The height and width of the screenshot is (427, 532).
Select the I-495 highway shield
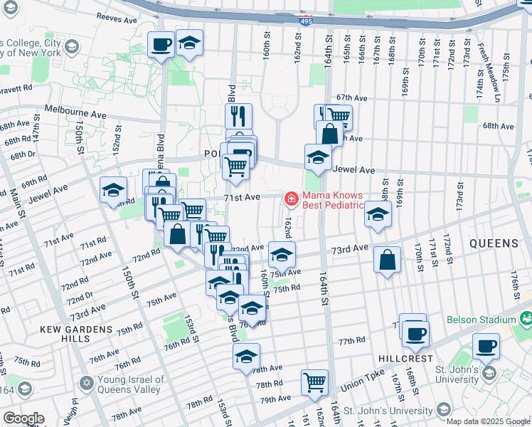[304, 21]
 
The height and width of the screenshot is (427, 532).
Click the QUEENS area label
[494, 243]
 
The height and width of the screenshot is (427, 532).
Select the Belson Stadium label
[482, 320]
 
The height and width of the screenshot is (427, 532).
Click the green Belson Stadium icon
[526, 317]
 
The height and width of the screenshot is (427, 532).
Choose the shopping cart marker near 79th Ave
[314, 382]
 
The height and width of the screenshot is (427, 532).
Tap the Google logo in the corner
[23, 418]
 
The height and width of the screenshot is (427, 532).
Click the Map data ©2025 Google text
[487, 421]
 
